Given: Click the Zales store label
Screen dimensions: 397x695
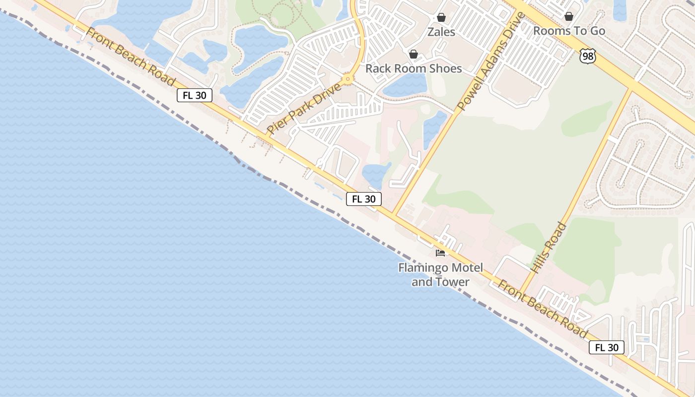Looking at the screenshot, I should tap(441, 32).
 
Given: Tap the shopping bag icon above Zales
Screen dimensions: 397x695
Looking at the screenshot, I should tap(441, 18).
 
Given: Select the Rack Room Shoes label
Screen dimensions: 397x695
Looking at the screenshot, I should tap(414, 68).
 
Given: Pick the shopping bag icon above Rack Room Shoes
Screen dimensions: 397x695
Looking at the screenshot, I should tap(414, 54).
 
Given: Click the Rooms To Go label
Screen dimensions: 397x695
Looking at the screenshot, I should tap(569, 31).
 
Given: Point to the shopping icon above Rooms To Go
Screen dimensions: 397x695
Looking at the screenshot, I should tap(569, 17).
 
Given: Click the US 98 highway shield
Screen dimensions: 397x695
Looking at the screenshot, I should tap(588, 56).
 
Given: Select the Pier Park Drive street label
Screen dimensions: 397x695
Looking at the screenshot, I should tap(304, 109).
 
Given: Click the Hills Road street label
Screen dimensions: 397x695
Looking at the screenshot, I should tap(549, 247).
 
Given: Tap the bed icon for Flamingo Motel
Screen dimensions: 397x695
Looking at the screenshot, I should tap(440, 253).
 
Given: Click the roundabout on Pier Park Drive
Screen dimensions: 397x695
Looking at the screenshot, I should tap(348, 78).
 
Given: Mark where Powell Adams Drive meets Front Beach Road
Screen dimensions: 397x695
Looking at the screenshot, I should tap(394, 214).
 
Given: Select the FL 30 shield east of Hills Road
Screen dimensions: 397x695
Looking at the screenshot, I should tap(606, 347).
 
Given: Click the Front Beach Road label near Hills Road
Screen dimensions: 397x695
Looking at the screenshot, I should tap(543, 309).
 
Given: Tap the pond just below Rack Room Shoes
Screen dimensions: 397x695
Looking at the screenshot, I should tap(405, 86).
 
